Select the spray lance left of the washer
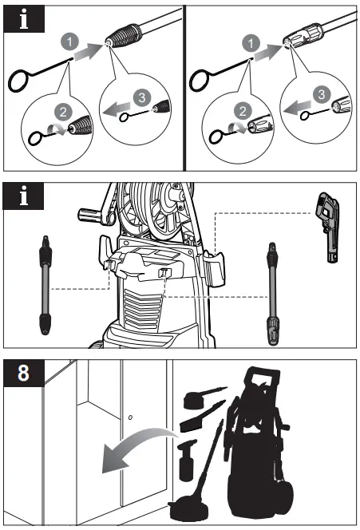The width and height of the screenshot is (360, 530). (x=43, y=283)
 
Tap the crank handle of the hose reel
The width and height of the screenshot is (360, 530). (x=89, y=216)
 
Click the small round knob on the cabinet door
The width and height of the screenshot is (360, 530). (x=130, y=417)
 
